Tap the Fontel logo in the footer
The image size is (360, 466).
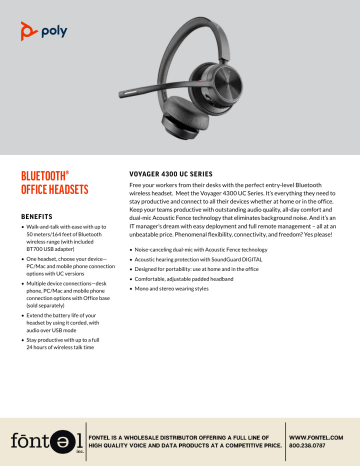click(x=40, y=440)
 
